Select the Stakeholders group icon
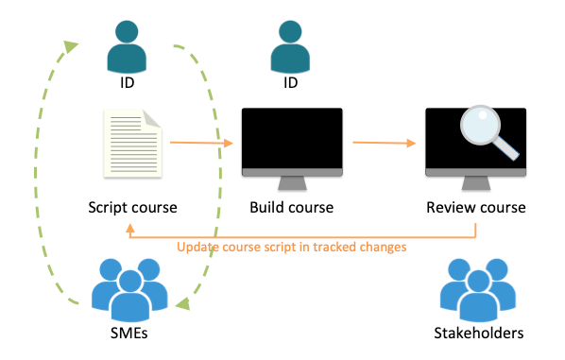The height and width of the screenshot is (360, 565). (477, 290)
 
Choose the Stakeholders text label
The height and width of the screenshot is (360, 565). (478, 333)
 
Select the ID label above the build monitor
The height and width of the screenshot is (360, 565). (290, 83)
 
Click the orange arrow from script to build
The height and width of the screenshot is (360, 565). (199, 144)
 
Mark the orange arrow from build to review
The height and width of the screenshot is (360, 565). (384, 144)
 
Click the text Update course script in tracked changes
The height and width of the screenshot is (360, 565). (292, 248)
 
